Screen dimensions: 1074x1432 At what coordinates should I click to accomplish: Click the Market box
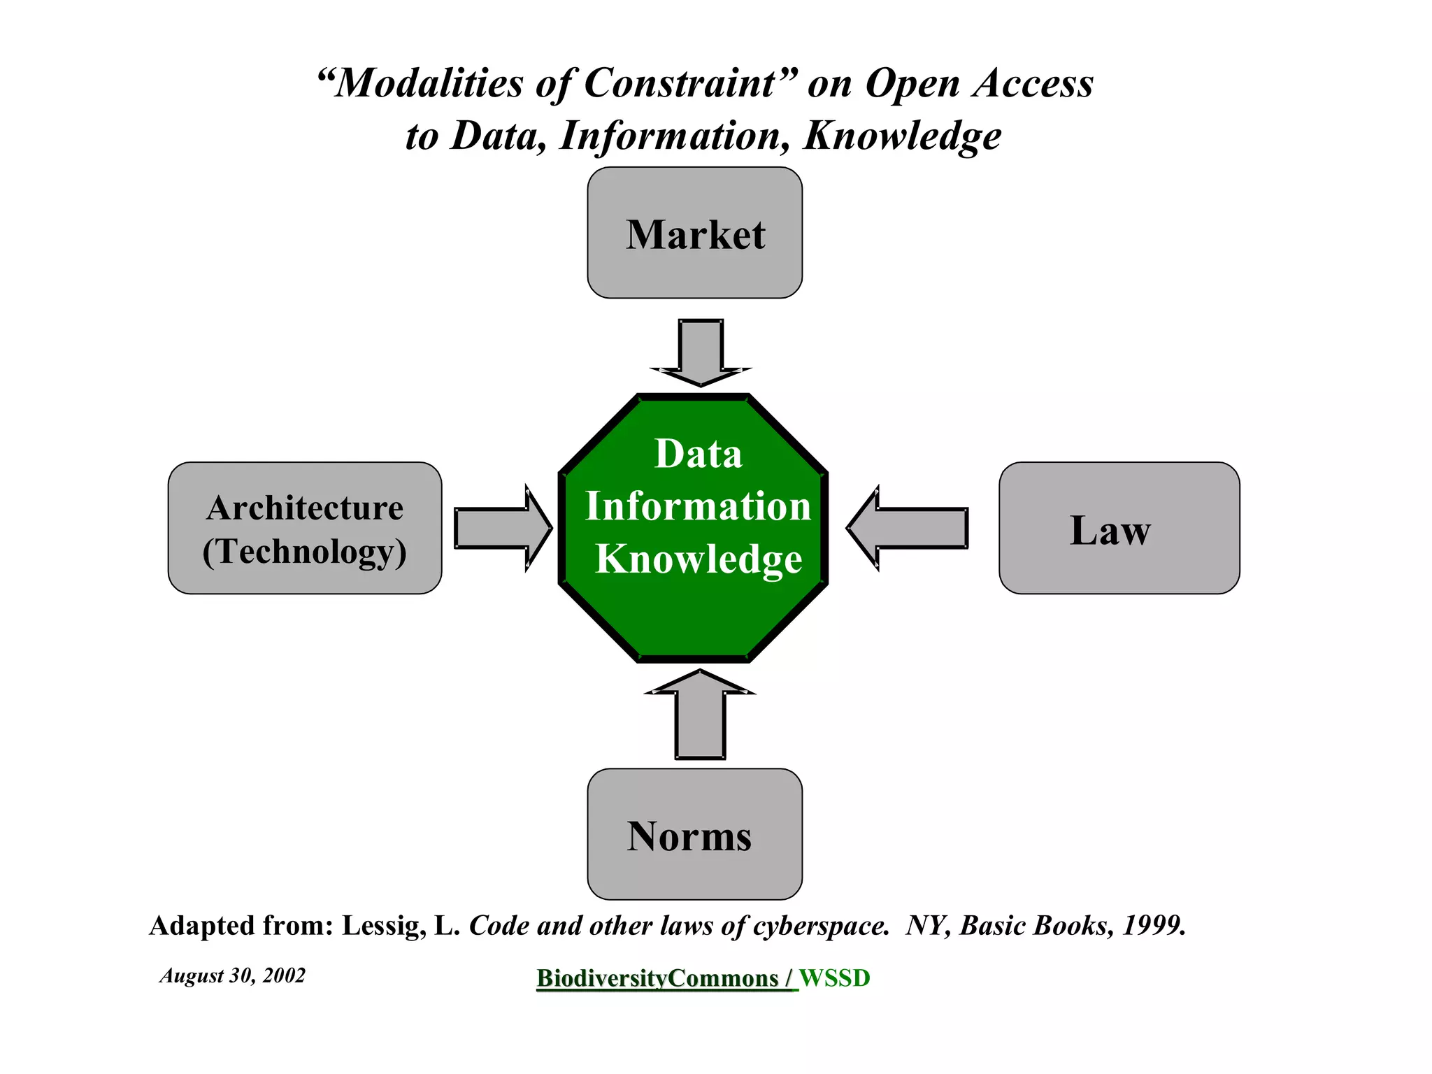click(x=694, y=233)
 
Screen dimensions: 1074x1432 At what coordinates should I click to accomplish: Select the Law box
click(x=1119, y=528)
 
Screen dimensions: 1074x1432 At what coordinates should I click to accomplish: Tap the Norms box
click(x=694, y=834)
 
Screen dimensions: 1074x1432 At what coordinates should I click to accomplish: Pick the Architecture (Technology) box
click(x=305, y=528)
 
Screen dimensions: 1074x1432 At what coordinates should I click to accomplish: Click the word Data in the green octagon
click(x=698, y=454)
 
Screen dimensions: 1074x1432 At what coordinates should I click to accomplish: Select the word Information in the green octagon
click(x=698, y=506)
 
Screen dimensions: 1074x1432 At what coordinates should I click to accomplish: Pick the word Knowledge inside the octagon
click(x=698, y=559)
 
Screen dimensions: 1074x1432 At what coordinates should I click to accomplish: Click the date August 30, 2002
click(x=232, y=975)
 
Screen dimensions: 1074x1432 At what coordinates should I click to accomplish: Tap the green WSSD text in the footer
click(x=835, y=978)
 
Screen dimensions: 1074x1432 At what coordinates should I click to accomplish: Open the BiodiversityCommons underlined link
click(x=657, y=978)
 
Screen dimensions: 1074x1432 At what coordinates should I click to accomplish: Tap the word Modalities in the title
click(x=428, y=83)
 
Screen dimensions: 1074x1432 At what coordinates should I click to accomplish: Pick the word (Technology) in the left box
click(x=305, y=551)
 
